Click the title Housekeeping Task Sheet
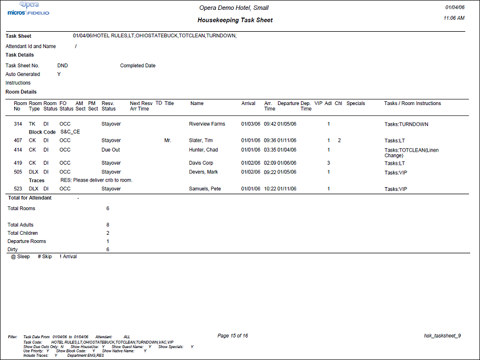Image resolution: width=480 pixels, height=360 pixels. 235,20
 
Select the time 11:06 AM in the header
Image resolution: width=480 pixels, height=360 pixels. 454,18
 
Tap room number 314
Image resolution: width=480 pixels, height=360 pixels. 18,124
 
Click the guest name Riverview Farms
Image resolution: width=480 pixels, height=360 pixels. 207,124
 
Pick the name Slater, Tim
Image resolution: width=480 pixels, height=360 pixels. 201,141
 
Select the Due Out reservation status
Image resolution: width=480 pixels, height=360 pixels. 111,149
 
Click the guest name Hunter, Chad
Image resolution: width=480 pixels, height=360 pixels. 203,149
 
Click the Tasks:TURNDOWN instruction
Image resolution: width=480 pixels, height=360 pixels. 406,124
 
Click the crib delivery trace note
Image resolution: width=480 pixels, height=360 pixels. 96,180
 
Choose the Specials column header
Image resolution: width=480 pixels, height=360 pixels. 356,103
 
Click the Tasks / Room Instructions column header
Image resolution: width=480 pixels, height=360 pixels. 412,103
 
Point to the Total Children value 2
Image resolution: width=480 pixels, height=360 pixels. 108,233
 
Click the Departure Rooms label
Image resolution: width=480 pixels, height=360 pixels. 27,241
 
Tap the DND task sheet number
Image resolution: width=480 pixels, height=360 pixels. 62,66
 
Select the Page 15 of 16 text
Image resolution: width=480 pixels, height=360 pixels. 233,336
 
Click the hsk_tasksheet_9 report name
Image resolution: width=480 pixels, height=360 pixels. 442,336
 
